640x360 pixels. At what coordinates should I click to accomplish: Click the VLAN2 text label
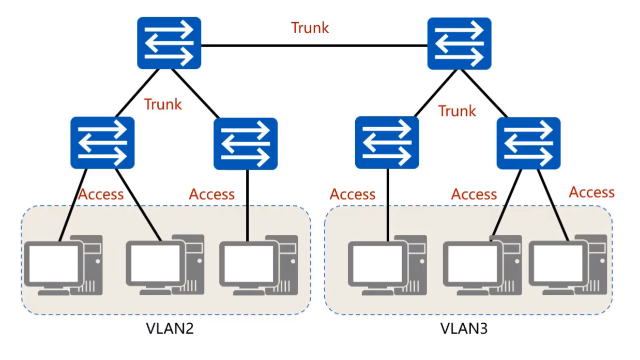[x=170, y=329]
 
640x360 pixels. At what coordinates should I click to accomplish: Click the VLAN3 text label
[x=463, y=329]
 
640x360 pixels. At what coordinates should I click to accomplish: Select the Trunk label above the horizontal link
[x=310, y=27]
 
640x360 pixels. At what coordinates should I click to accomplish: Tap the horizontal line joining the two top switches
[x=314, y=46]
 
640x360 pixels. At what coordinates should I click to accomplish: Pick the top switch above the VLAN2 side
[x=169, y=43]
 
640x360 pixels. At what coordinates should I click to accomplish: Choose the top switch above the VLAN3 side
[x=459, y=43]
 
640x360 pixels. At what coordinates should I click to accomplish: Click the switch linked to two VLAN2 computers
[x=102, y=142]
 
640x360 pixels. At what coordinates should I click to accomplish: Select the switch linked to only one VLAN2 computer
[x=246, y=143]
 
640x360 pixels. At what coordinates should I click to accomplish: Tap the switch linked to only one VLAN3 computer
[x=387, y=142]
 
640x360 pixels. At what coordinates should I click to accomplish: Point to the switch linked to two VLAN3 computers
[x=528, y=142]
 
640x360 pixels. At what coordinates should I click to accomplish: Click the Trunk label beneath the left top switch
[x=163, y=104]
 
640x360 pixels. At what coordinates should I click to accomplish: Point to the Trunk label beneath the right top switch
[x=457, y=111]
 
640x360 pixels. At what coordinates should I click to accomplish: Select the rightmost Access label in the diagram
[x=591, y=192]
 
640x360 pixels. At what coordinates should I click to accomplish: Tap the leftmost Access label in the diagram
[x=101, y=194]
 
